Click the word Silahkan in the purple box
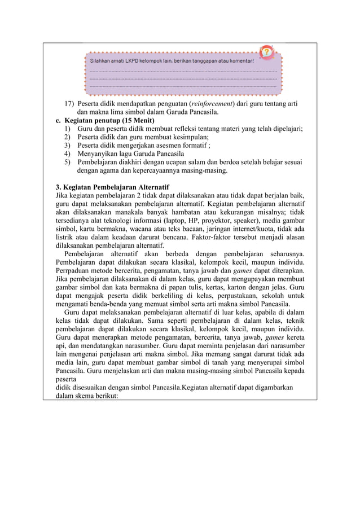coord(101,60)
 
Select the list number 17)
coord(68,104)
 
